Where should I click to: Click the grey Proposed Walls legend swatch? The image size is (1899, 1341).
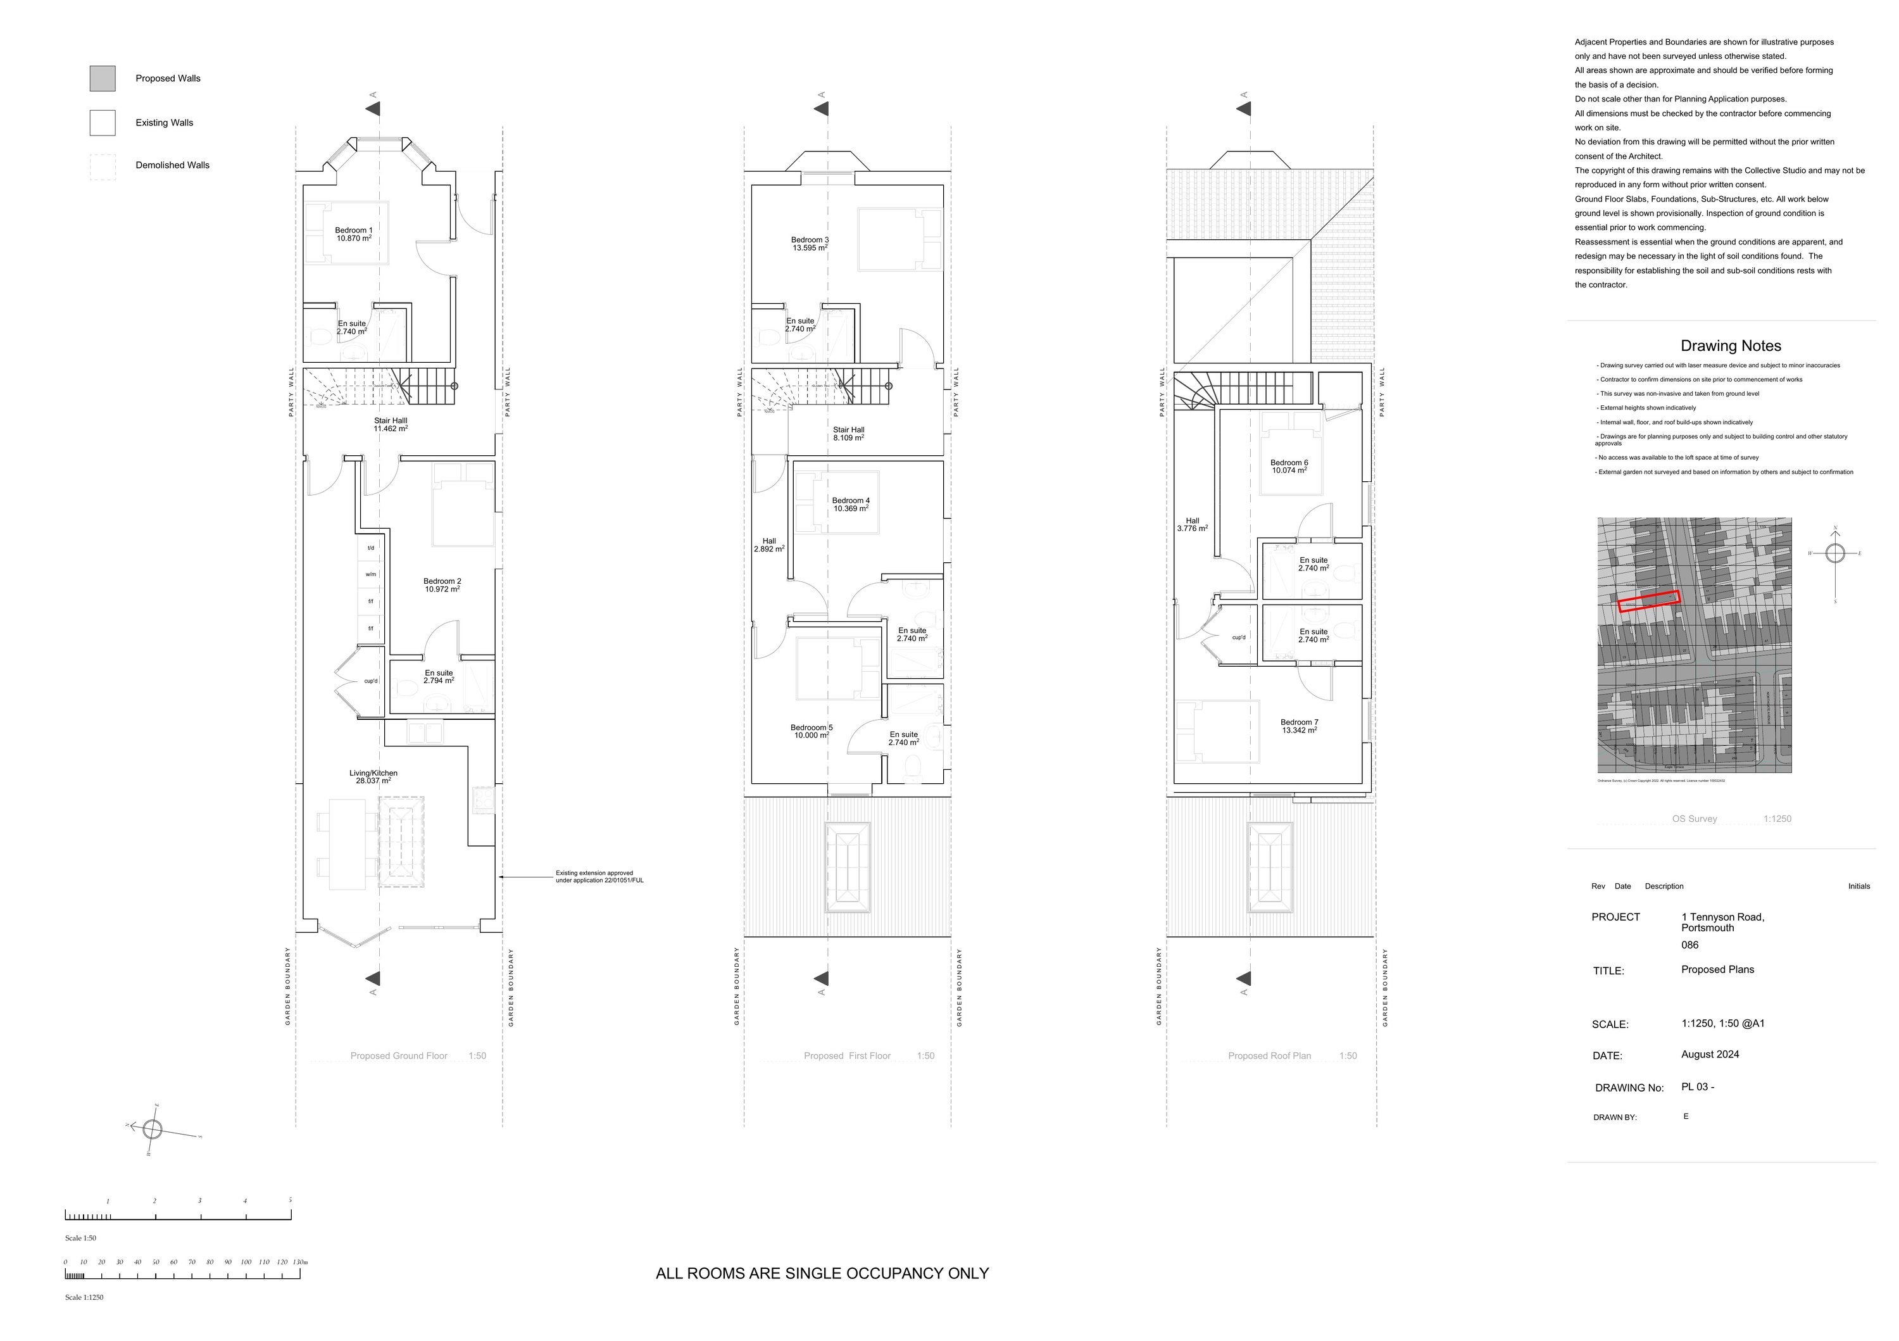pyautogui.click(x=103, y=79)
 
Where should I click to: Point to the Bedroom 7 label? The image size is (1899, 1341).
pyautogui.click(x=1300, y=722)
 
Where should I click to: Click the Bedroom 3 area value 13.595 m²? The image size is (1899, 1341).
pyautogui.click(x=809, y=248)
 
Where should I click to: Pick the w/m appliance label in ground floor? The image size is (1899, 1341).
pyautogui.click(x=370, y=574)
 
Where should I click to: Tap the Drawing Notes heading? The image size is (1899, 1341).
pyautogui.click(x=1730, y=346)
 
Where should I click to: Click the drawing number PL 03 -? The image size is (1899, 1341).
pyautogui.click(x=1697, y=1087)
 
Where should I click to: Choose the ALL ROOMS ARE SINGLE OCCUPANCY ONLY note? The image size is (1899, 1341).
pyautogui.click(x=822, y=1274)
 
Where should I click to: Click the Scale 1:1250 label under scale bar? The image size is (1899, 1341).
pyautogui.click(x=84, y=1298)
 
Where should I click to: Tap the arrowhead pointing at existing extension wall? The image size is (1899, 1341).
pyautogui.click(x=502, y=877)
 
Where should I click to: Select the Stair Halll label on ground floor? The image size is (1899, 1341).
pyautogui.click(x=391, y=421)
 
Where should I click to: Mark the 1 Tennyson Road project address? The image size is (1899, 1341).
pyautogui.click(x=1722, y=917)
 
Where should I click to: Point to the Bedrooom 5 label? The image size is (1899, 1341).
pyautogui.click(x=812, y=728)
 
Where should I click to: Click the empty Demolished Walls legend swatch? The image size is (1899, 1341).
pyautogui.click(x=103, y=167)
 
